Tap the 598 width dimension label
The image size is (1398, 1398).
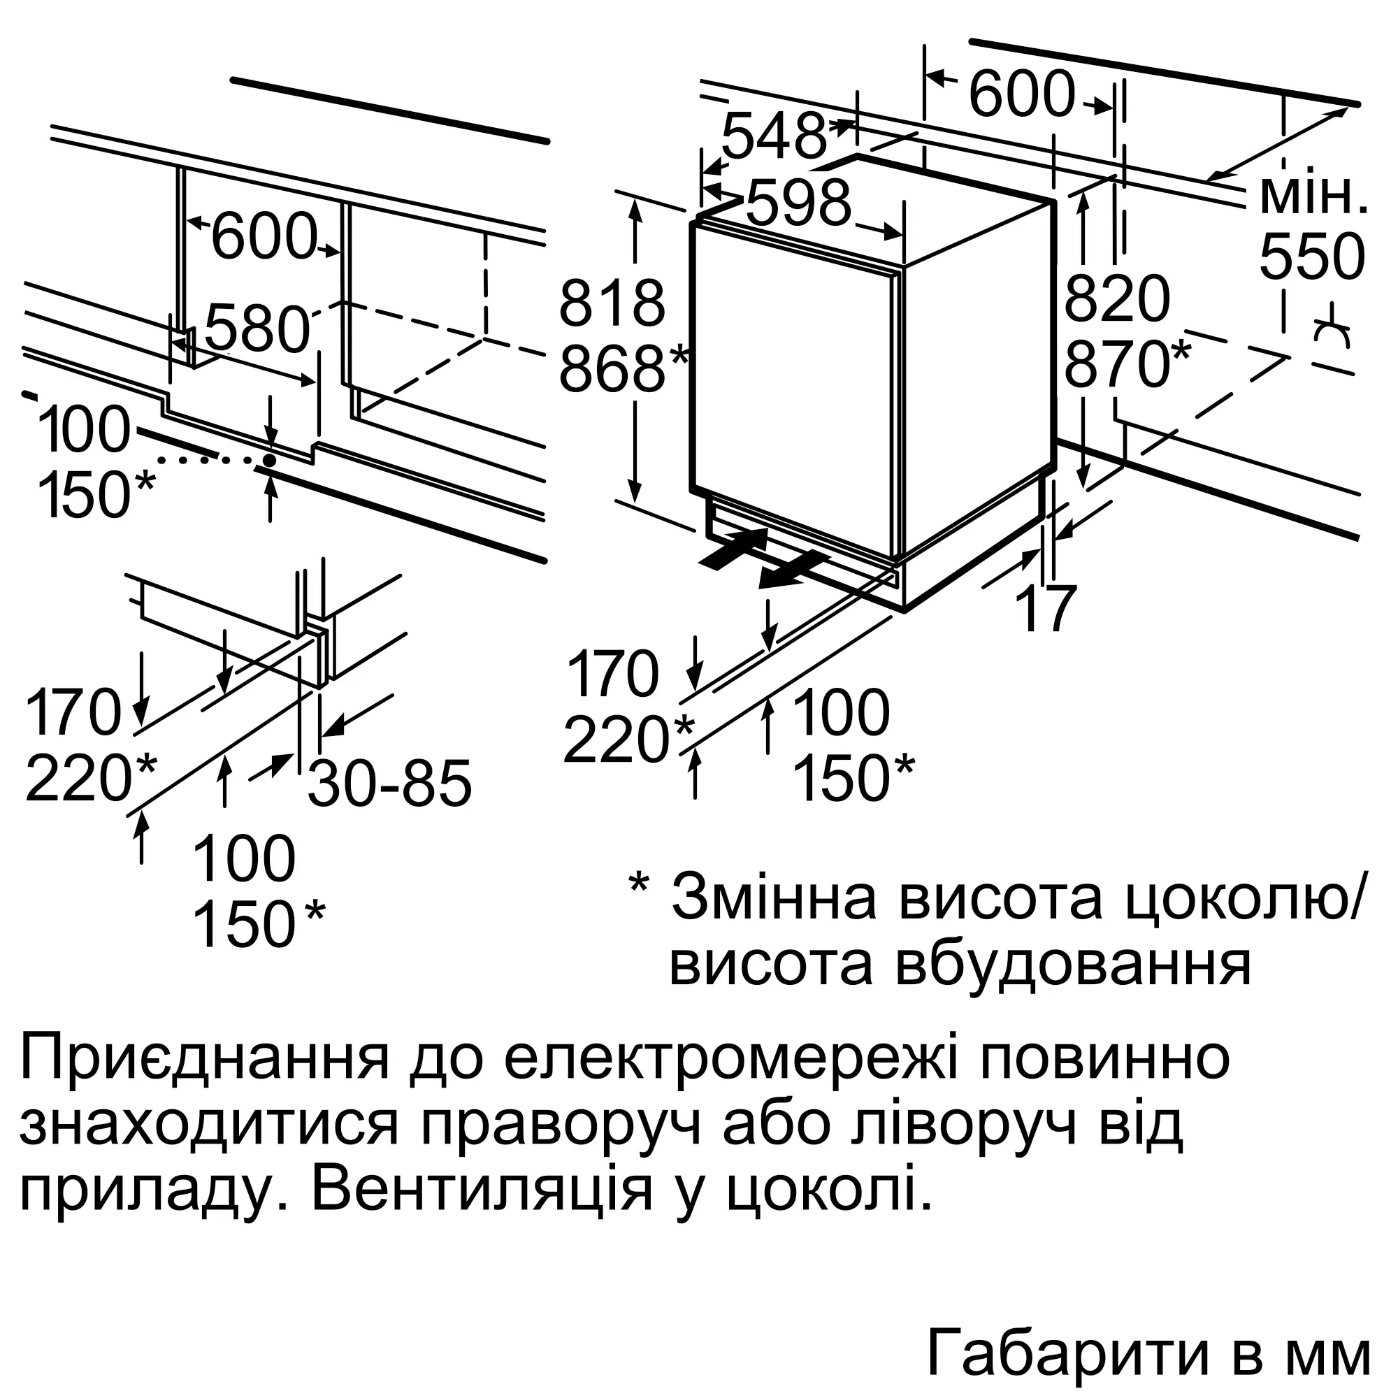[x=799, y=203]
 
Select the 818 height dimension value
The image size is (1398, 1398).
[x=612, y=304]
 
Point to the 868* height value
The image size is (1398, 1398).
[x=624, y=369]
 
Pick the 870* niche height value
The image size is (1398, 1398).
[x=1127, y=365]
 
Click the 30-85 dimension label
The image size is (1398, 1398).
[x=390, y=783]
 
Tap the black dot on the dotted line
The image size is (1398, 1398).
[x=269, y=459]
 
